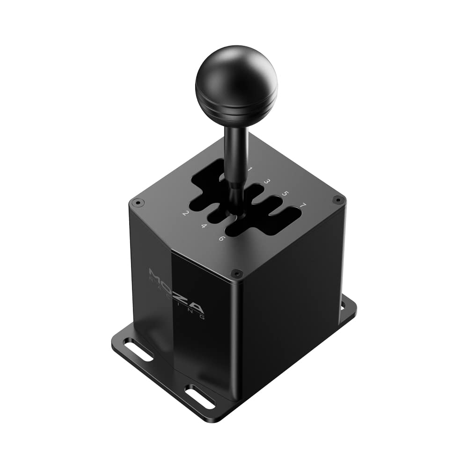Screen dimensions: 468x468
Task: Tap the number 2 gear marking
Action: click(185, 214)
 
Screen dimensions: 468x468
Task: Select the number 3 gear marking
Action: click(267, 181)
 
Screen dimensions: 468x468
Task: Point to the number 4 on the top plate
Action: click(204, 226)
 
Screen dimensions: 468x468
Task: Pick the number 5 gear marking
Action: click(285, 193)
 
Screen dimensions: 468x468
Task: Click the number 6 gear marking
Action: click(222, 238)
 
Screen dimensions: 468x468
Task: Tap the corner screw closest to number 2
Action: click(137, 203)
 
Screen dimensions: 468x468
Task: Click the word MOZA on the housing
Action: click(176, 291)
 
